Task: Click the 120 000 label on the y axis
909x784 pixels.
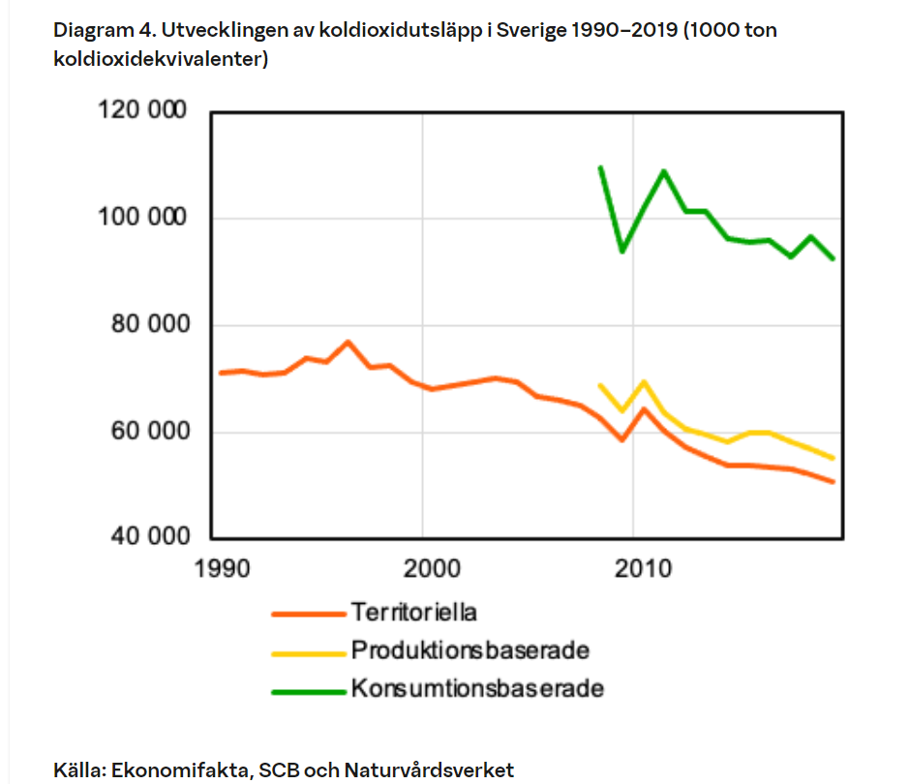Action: point(141,110)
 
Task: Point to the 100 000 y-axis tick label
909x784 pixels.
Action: point(141,218)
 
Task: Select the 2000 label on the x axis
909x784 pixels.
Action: point(423,567)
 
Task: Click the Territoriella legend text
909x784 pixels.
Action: point(414,613)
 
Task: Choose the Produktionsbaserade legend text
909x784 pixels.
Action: point(470,650)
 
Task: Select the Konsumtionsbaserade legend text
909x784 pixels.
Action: point(477,689)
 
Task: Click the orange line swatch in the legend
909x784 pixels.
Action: point(308,614)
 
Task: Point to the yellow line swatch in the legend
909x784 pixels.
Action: point(308,652)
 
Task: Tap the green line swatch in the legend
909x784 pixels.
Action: point(308,691)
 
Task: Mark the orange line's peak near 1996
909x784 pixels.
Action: point(348,342)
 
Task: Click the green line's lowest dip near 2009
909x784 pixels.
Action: point(621,251)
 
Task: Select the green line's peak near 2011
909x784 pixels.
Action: point(664,171)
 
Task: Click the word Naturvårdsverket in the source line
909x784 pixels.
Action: point(429,770)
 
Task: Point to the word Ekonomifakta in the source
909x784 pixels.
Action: point(180,770)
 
